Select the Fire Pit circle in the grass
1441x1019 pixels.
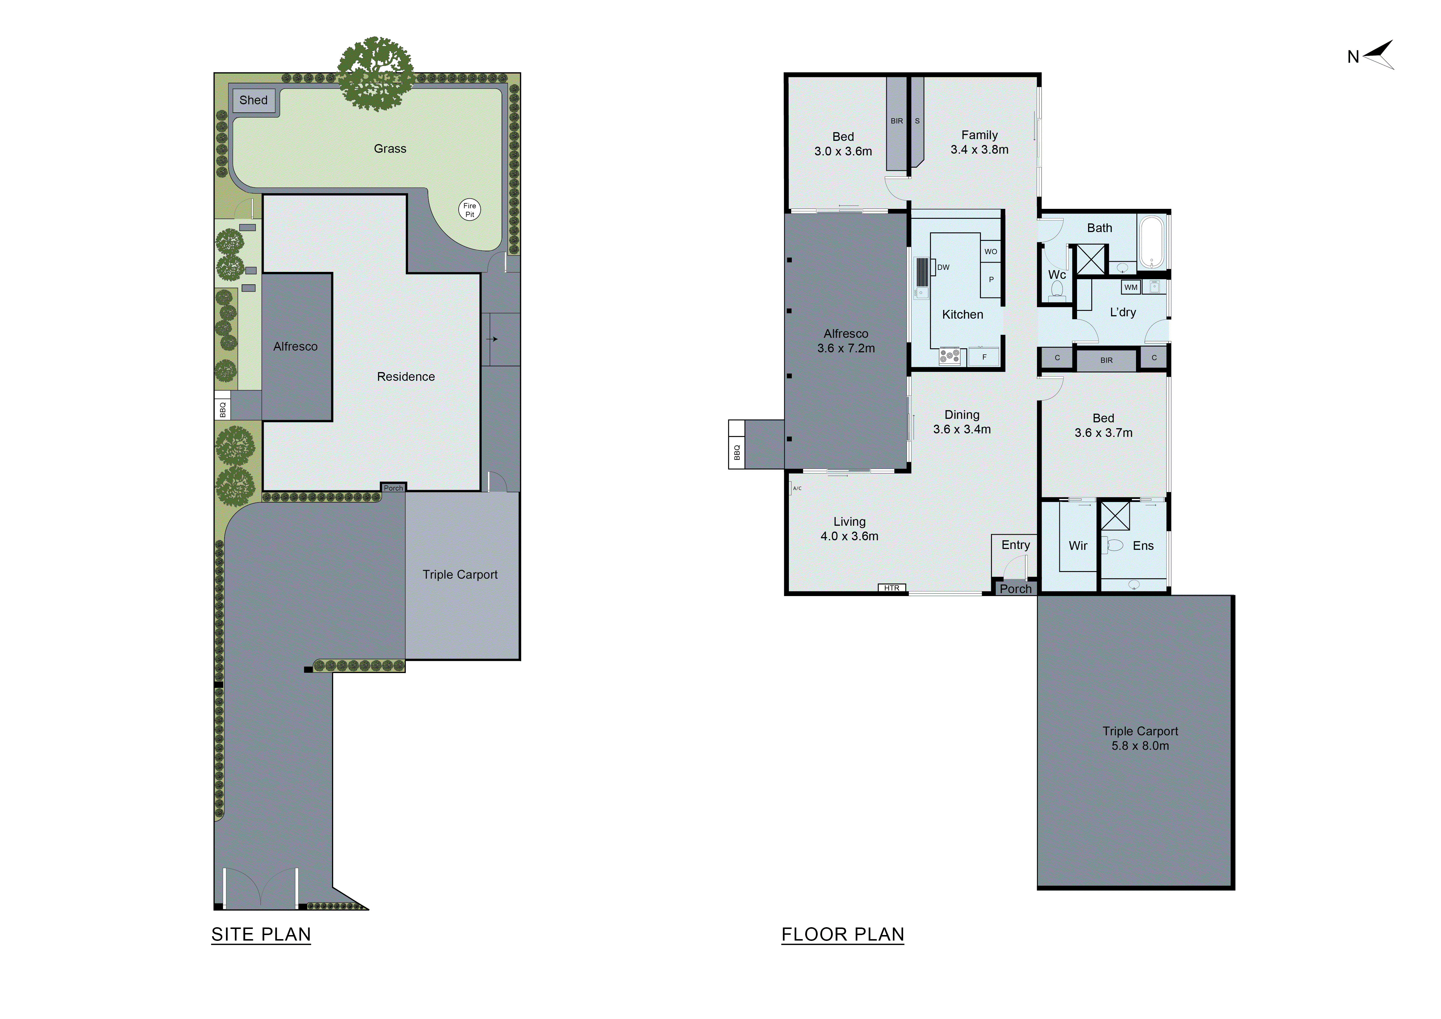(469, 209)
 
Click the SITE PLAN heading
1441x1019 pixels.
(261, 934)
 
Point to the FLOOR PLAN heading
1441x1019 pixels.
(842, 934)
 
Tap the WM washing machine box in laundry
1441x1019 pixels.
(1130, 287)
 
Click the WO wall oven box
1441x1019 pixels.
(990, 252)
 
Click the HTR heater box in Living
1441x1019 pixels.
(891, 588)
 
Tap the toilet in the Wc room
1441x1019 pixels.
(1057, 289)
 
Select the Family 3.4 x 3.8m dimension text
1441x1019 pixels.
(979, 149)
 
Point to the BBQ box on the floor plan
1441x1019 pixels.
(736, 452)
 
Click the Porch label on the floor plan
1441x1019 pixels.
(1015, 589)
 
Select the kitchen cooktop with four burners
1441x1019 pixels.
(949, 356)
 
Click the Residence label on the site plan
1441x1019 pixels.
(405, 376)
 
